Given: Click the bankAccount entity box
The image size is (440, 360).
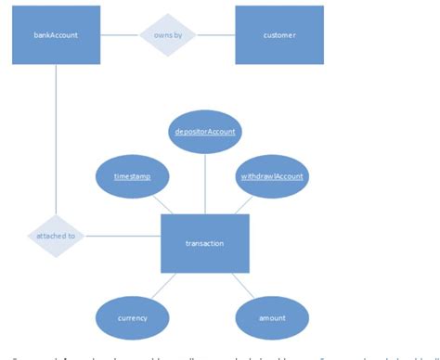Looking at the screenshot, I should (56, 35).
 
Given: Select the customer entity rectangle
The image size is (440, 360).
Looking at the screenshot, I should (279, 35).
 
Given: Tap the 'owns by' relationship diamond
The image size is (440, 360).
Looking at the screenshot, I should (168, 35).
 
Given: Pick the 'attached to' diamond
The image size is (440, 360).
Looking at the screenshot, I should (56, 236).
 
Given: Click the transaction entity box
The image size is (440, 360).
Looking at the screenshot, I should (205, 243).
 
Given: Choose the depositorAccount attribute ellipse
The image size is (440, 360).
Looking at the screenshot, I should (205, 132).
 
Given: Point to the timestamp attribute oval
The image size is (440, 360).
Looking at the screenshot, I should (133, 175).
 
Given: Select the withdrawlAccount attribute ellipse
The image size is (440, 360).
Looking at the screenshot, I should (271, 175).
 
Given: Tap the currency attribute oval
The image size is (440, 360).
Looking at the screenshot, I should (133, 318).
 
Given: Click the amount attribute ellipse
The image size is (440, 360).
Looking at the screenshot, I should (271, 318).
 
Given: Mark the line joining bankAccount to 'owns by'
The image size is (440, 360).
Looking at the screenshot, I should (120, 35).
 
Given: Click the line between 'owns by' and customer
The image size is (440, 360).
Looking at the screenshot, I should (216, 35).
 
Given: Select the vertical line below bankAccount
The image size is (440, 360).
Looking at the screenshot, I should (56, 139).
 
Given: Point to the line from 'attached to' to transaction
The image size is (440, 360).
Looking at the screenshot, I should (123, 236).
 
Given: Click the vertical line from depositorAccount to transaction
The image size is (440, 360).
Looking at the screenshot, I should (205, 184).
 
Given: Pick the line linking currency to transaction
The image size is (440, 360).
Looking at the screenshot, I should (163, 285).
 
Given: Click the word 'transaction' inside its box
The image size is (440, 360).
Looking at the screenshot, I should (205, 243).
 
